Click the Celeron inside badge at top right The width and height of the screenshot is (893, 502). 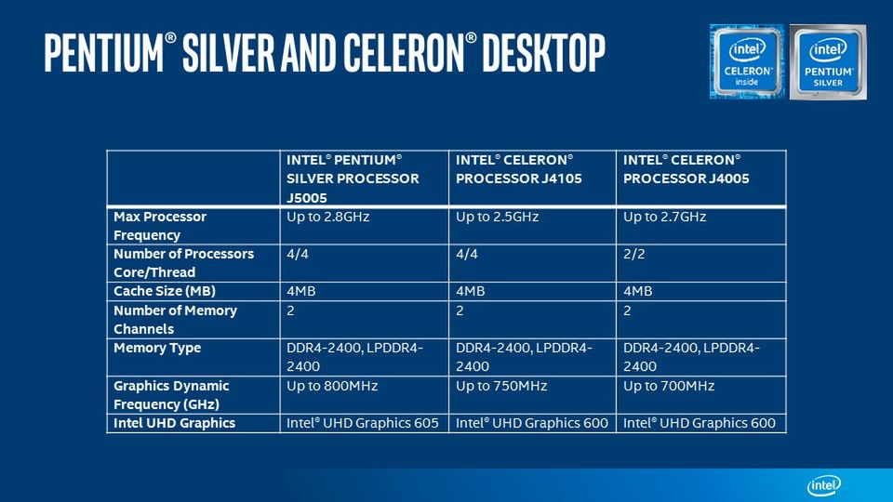(747, 61)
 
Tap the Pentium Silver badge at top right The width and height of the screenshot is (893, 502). (828, 61)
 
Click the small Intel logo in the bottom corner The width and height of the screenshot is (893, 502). (824, 485)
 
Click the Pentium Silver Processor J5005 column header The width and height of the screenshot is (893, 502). (353, 178)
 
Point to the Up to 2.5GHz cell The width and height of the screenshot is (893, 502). (498, 217)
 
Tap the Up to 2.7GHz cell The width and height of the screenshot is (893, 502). (665, 217)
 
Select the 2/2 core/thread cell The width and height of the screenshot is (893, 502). (634, 254)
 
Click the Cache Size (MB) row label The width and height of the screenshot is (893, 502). (165, 291)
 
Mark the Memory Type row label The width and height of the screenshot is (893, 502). (157, 348)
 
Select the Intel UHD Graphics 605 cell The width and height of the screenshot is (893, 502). (363, 423)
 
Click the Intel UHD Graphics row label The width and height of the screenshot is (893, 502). (175, 423)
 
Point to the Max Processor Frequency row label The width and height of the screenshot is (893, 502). (160, 225)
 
